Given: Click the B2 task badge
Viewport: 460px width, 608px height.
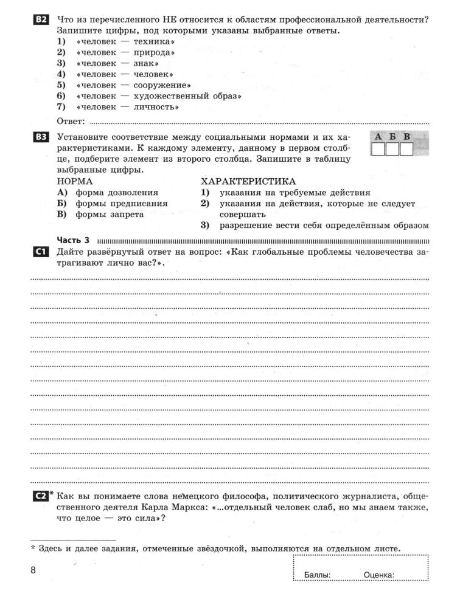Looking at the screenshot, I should pos(41,20).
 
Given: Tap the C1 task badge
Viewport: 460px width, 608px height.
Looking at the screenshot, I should pos(41,252).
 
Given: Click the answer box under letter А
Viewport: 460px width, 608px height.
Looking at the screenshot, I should pos(378,149).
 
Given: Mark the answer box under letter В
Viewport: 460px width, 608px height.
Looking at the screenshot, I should pos(406,149).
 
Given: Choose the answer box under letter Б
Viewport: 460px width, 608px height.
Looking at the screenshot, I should pos(392,149).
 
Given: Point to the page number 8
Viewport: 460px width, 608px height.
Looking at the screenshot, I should pos(33,570).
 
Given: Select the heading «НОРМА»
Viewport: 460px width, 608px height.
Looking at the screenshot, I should pos(75,181).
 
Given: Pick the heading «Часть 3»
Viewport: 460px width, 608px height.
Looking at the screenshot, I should pos(73,240).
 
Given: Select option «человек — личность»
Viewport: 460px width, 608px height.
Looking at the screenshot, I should pos(127,107).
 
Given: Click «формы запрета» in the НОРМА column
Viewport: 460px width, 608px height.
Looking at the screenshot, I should pos(110,215).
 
